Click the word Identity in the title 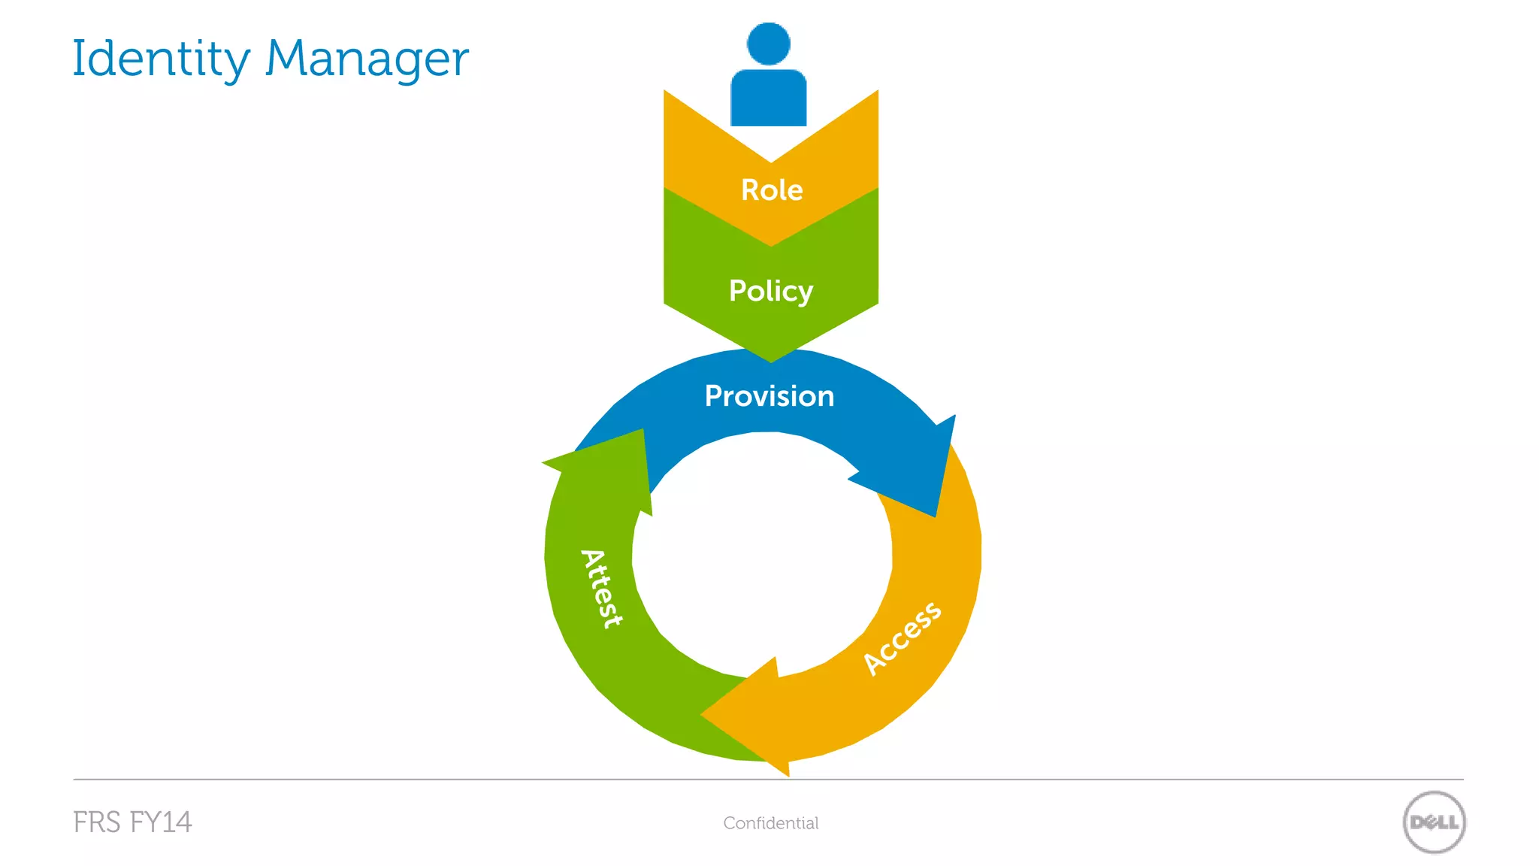point(161,59)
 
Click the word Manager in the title point(367,59)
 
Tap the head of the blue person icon point(768,44)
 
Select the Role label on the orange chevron point(772,190)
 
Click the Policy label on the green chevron point(771,291)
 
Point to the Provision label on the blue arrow point(769,396)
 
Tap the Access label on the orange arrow point(902,638)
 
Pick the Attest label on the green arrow point(602,589)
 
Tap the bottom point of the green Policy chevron point(771,360)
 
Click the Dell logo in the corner point(1434,822)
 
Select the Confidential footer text point(771,823)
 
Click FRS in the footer point(97,822)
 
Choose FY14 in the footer point(161,822)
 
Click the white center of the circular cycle point(763,556)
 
